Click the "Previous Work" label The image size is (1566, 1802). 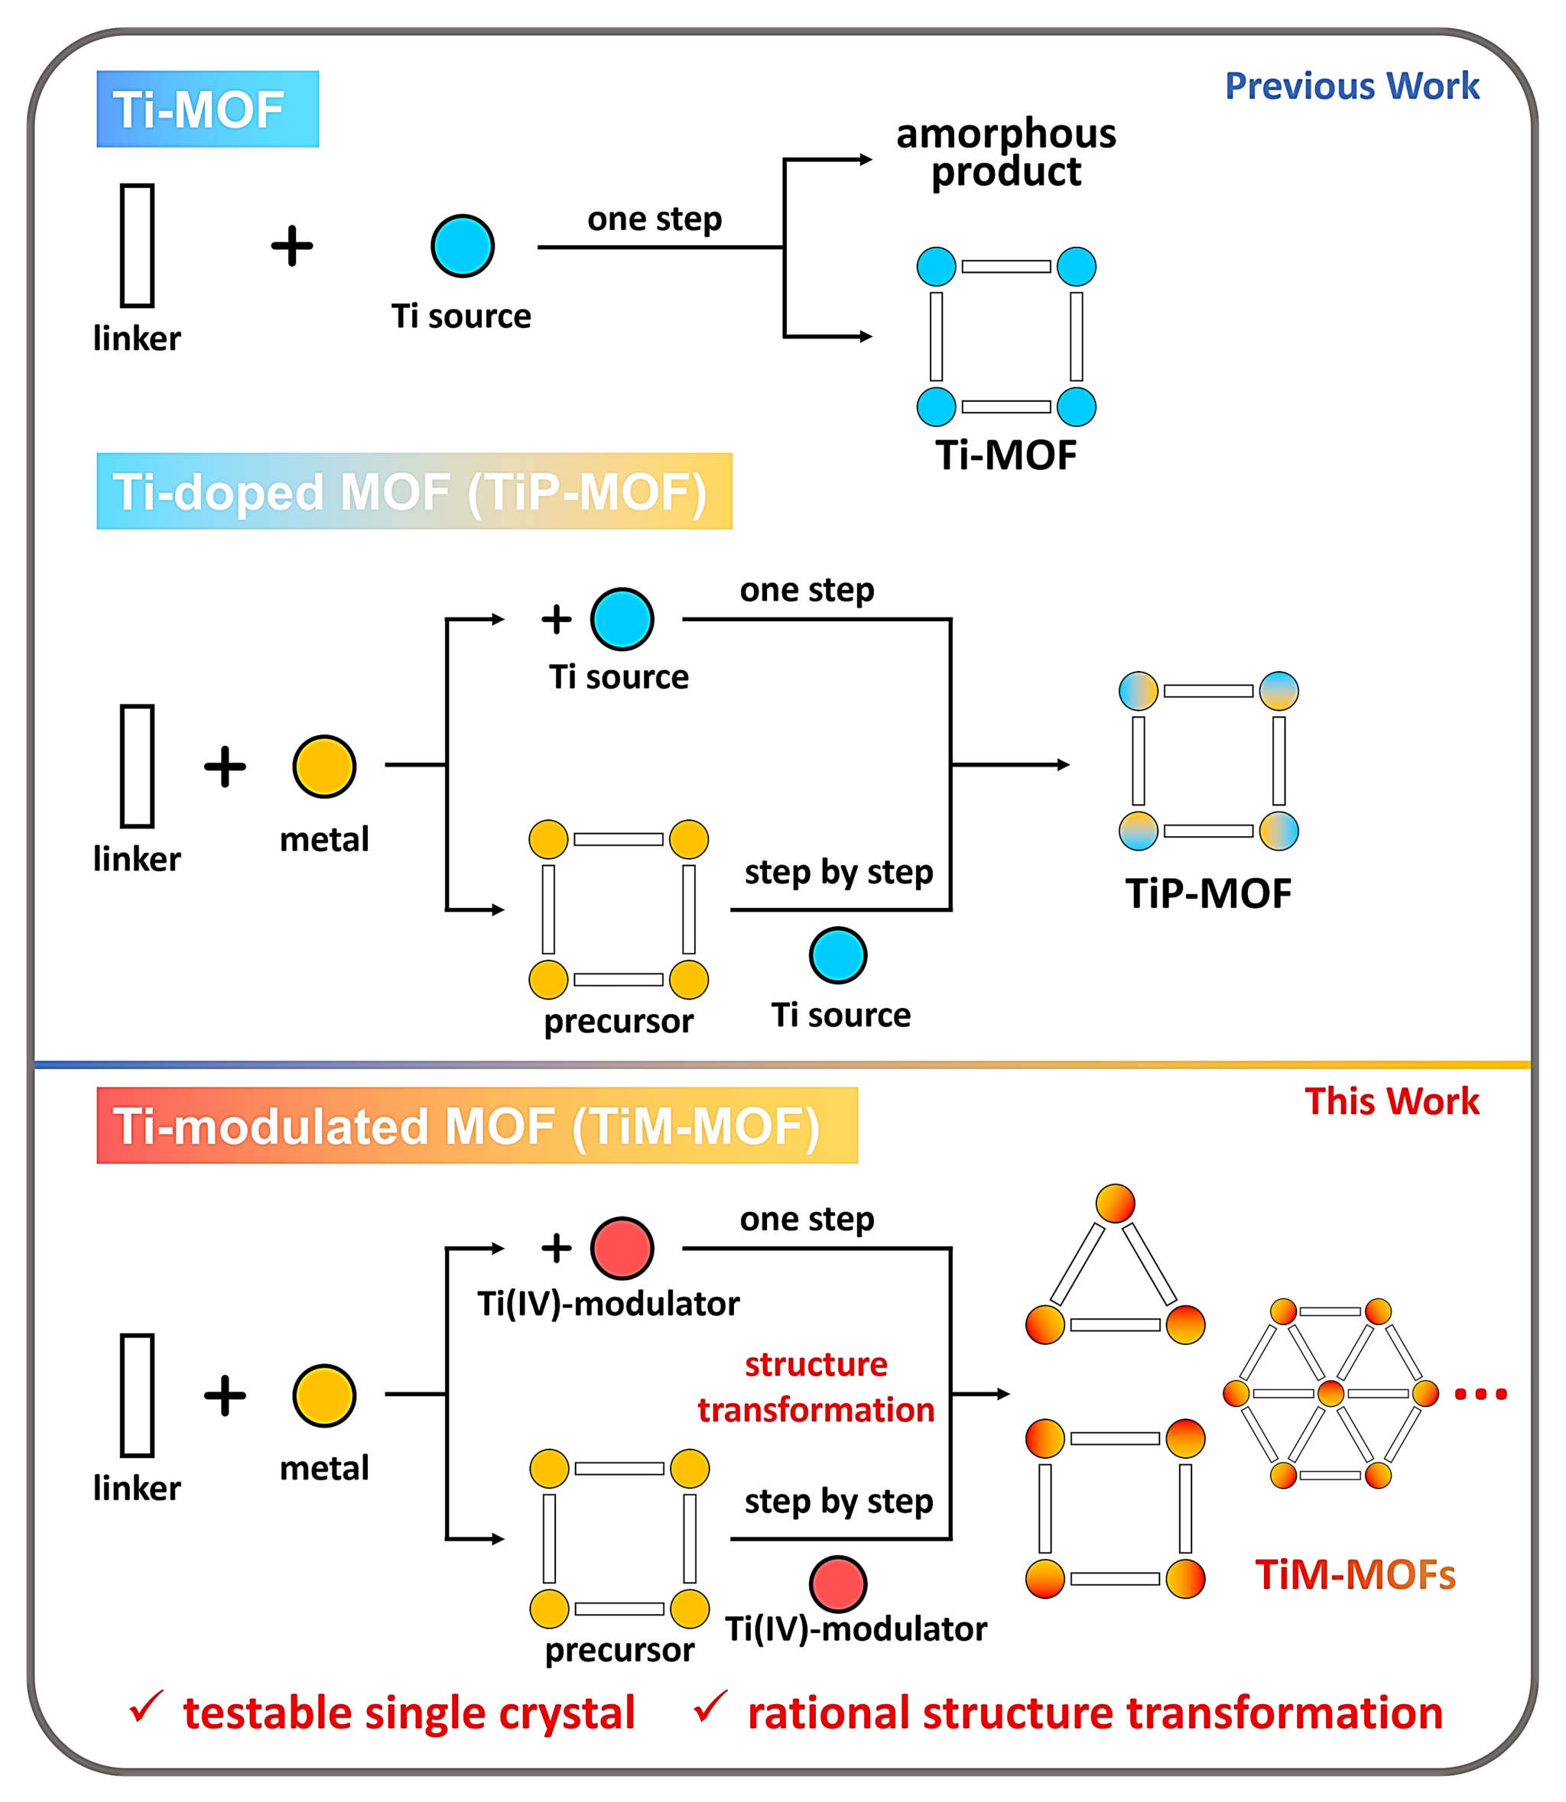click(1351, 86)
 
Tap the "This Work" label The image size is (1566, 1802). click(1391, 1101)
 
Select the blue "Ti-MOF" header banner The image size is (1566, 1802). click(207, 109)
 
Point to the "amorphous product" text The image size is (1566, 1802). click(1006, 152)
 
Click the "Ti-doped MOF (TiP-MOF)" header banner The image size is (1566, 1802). click(414, 491)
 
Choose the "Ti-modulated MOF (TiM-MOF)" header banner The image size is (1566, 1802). click(476, 1125)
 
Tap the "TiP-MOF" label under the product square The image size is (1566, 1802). click(1207, 893)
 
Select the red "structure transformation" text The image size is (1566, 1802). click(815, 1386)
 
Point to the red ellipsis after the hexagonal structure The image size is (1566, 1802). click(1480, 1394)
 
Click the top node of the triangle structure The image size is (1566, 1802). click(1115, 1204)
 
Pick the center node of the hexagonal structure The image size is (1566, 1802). click(1330, 1393)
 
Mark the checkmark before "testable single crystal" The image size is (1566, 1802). click(145, 1706)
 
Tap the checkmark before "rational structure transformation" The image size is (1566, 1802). click(710, 1706)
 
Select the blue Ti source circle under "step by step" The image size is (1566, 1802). click(837, 955)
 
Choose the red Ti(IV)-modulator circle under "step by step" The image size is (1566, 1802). click(837, 1583)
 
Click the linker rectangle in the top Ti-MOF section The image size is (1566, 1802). click(137, 245)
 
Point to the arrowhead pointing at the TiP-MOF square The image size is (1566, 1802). click(1063, 764)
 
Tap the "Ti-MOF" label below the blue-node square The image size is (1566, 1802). click(1006, 455)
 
